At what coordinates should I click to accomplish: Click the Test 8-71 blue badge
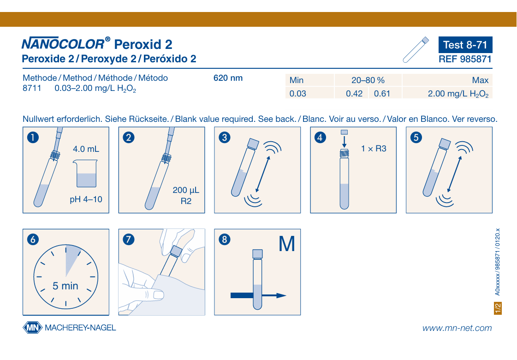coord(465,45)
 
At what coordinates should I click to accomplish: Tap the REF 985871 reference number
coord(465,59)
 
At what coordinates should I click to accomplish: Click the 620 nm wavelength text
coord(228,78)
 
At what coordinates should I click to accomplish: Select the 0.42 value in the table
coord(354,94)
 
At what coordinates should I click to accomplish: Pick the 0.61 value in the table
coord(382,94)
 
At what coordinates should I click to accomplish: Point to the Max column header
coord(480,80)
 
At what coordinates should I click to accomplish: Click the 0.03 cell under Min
coord(298,94)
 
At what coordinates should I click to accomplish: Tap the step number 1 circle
coord(33,137)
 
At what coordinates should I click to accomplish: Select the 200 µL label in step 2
coord(186,191)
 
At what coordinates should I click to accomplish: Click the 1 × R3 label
coord(374,149)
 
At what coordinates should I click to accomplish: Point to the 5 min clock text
coord(65,286)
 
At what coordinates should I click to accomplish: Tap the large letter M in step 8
coord(286,244)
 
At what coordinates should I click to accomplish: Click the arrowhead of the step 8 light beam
coord(281,295)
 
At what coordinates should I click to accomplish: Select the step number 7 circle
coord(129,239)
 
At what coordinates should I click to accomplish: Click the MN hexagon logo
coord(33,328)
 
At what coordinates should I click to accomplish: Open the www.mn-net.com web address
coord(457,328)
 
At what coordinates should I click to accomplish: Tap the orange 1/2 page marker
coord(498,308)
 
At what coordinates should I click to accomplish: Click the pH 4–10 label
coord(86,199)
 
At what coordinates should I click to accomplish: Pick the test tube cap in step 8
coord(257,254)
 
